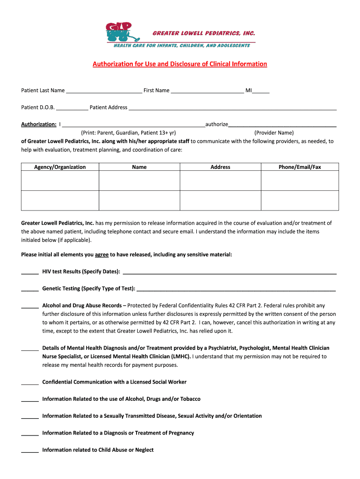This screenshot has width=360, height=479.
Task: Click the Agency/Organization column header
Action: click(x=60, y=167)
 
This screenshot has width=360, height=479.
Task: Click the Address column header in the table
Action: click(x=220, y=167)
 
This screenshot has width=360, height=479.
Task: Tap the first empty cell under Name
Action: click(x=139, y=181)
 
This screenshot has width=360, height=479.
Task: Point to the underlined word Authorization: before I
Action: click(x=39, y=124)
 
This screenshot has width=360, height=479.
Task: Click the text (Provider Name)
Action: click(x=274, y=133)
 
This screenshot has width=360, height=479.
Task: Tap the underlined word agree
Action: click(x=102, y=254)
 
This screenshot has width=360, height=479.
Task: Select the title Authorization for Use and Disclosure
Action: click(x=180, y=64)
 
